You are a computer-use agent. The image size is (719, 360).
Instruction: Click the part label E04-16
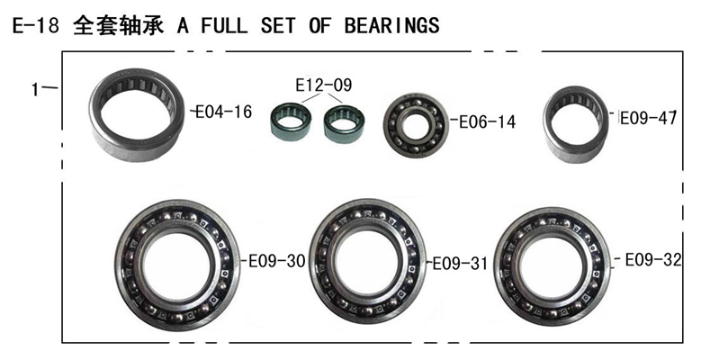(224, 112)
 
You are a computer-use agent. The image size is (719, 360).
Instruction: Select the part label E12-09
(324, 85)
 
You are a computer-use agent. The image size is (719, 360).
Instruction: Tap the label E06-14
(488, 122)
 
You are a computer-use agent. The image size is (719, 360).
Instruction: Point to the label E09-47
(649, 118)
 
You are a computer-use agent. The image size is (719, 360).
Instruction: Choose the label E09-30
(277, 261)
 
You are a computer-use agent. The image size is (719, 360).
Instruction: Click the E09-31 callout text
(461, 264)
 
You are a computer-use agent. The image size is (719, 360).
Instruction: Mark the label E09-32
(653, 260)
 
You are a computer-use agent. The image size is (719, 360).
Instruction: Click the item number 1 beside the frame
(35, 89)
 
